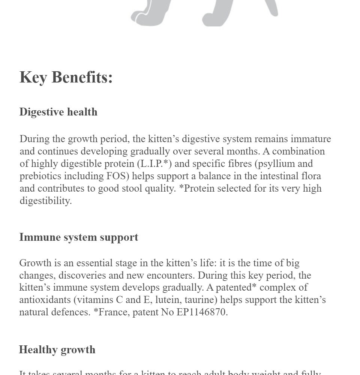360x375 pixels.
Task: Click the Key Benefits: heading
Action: [66, 77]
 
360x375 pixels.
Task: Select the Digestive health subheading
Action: [58, 112]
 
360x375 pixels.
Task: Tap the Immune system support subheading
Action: [79, 237]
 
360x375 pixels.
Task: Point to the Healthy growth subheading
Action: [57, 350]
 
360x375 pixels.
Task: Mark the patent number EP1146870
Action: [202, 312]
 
